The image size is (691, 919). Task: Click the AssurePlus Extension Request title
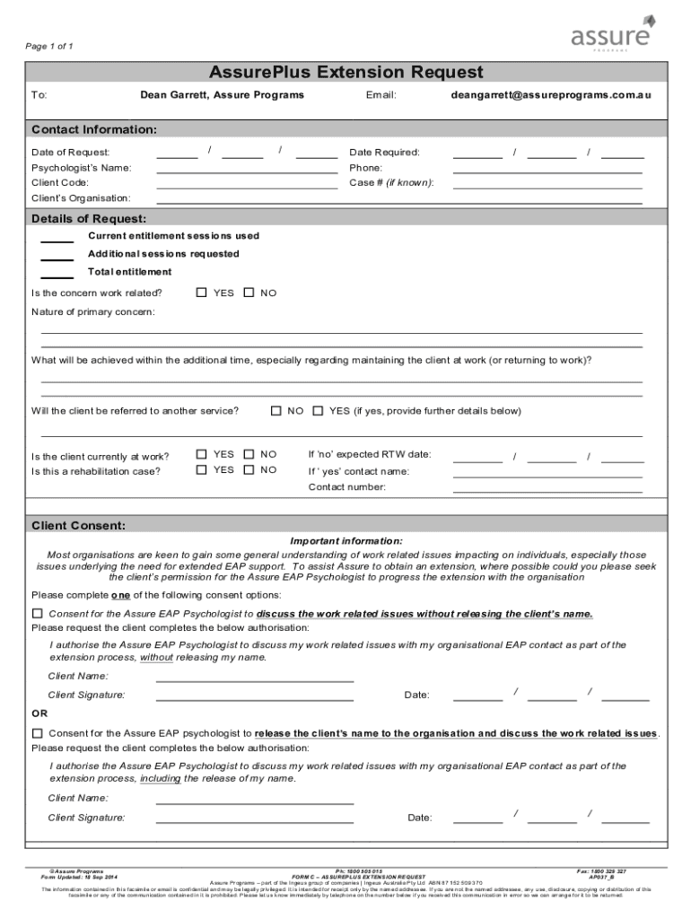345,72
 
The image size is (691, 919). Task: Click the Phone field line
547,170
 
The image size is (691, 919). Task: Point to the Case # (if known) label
391,182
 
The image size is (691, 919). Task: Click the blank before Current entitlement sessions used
57,239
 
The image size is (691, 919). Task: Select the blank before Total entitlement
57,275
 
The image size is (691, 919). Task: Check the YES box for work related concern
202,293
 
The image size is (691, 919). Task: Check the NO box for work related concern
249,293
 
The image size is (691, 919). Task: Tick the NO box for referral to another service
276,411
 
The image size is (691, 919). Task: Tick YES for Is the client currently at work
202,454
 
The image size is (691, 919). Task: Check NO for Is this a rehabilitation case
249,469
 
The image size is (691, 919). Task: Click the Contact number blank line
547,489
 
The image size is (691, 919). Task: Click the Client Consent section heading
79,525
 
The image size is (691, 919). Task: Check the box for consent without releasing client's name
38,614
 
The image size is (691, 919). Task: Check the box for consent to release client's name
38,733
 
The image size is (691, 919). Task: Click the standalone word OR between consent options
39,714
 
